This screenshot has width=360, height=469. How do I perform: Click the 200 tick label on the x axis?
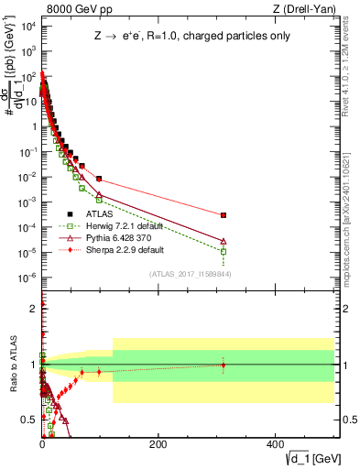point(158,443)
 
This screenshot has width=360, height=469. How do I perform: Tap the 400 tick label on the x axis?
point(275,443)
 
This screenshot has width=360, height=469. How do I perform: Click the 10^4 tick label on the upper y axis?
point(27,25)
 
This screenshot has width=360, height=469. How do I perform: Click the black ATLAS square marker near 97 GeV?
point(99,179)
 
